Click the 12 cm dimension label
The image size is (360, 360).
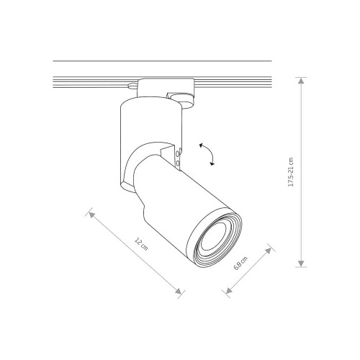[x=141, y=244]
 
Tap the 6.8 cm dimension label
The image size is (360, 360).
[x=240, y=264]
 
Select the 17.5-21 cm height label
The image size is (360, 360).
[x=291, y=172]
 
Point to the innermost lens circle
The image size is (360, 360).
[x=214, y=236]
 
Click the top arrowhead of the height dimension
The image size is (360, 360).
[x=301, y=81]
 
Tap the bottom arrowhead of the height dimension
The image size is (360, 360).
[x=301, y=264]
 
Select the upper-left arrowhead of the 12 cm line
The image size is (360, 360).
[x=91, y=215]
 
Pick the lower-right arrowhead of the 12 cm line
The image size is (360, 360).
[x=178, y=291]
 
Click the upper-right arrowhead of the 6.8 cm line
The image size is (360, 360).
[x=268, y=251]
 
